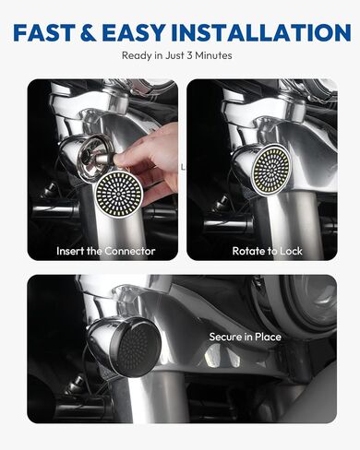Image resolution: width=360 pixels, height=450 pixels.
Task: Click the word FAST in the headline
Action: pos(48,32)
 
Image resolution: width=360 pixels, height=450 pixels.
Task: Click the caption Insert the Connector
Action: pos(105,251)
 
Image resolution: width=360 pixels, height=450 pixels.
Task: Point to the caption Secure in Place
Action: pos(245,337)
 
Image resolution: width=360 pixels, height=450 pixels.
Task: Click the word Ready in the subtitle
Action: pos(136,55)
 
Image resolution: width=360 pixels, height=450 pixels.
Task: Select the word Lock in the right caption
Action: pos(290,251)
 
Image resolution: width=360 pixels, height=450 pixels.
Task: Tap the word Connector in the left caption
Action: pos(128,251)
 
